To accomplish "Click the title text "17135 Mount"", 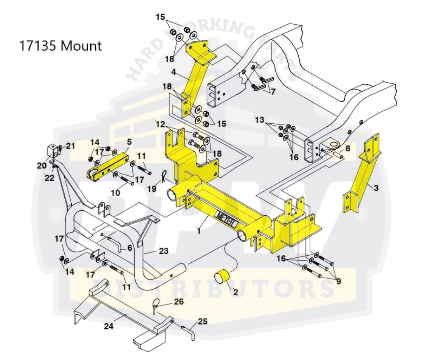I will coord(60,45).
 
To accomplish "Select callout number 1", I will coord(199,231).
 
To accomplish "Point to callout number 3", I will coord(375,188).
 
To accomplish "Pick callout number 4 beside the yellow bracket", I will coord(173,72).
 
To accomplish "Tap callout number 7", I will coord(273,92).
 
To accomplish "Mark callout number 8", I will coord(347,148).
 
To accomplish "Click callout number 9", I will coord(338,282).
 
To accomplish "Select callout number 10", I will coord(115,192).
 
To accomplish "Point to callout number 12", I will coord(160,124).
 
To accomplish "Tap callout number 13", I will coord(259,120).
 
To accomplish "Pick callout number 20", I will coord(41,165).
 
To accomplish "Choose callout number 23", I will coord(164,251).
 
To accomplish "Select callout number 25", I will coord(202,321).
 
